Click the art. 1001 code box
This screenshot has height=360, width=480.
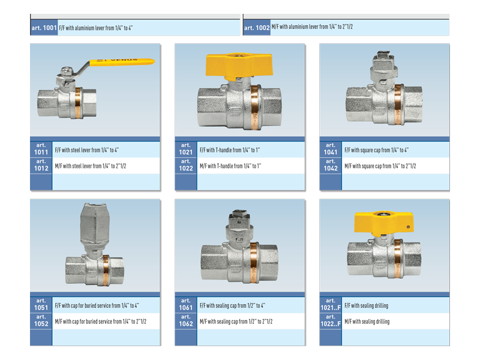pos(44,28)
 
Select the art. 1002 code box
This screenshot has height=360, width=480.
pos(257,28)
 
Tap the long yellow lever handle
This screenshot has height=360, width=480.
pos(122,62)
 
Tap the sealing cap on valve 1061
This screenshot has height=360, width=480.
pos(239,224)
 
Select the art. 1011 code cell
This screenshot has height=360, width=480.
pos(41,149)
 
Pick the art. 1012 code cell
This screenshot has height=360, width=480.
pos(41,166)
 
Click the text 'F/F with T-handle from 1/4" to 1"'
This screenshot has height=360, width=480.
pos(230,150)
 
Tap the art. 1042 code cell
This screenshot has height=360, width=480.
pos(331,166)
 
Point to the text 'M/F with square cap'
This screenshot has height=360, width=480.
pos(363,166)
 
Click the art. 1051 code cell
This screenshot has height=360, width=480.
pos(41,305)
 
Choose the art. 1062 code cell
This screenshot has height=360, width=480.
pos(186,321)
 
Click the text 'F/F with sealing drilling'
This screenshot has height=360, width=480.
pos(366,305)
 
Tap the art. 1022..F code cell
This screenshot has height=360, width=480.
pos(331,321)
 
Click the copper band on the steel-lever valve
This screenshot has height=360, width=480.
pos(78,103)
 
